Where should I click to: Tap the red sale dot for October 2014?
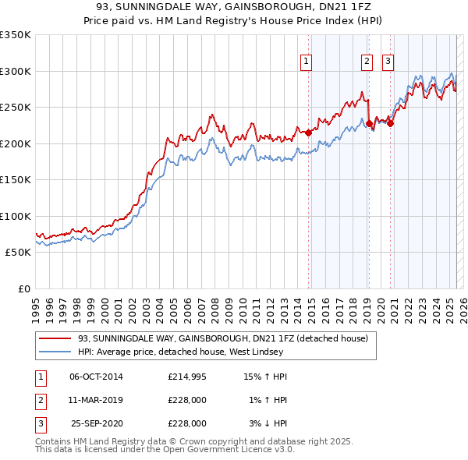tap(308, 133)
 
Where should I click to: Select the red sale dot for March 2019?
tap(369, 123)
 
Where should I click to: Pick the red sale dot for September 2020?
tap(390, 123)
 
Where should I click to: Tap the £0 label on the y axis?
tap(25, 288)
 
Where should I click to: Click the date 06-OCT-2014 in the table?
tap(96, 377)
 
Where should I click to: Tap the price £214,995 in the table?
tap(187, 377)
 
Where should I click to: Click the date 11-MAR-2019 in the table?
tap(96, 400)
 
